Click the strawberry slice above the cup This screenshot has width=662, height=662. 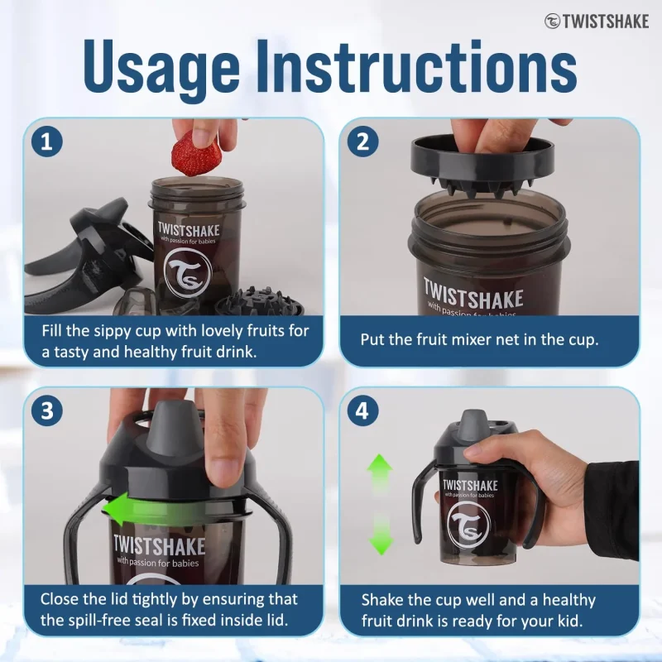196,153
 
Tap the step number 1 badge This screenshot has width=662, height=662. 46,141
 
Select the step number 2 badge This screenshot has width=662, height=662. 362,141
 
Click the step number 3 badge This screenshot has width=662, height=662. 46,410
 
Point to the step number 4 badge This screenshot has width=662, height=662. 362,410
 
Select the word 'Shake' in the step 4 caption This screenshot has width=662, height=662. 384,600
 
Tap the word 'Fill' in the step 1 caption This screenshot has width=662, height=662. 55,331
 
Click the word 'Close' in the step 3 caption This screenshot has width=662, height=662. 63,598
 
